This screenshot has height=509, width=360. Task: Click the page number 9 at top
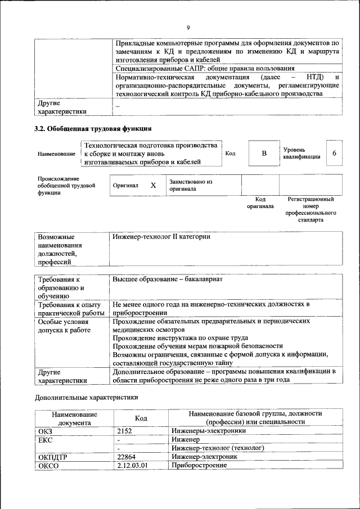click(188, 28)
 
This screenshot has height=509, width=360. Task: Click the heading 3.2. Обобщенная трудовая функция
click(92, 128)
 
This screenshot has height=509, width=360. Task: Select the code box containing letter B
click(263, 154)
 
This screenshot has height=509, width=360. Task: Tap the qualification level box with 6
click(334, 154)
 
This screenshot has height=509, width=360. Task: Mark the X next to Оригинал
click(153, 185)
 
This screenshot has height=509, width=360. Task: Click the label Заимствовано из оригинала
click(191, 186)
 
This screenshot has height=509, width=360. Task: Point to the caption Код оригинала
click(260, 202)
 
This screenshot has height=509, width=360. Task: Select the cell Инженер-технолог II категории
click(161, 237)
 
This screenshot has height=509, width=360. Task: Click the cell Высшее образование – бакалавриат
click(168, 280)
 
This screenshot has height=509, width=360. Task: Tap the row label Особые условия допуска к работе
click(64, 326)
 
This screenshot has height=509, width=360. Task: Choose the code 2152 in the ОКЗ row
click(126, 431)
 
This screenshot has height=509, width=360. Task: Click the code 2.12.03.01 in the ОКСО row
click(132, 466)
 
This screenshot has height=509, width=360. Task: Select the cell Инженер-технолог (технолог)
click(217, 448)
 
